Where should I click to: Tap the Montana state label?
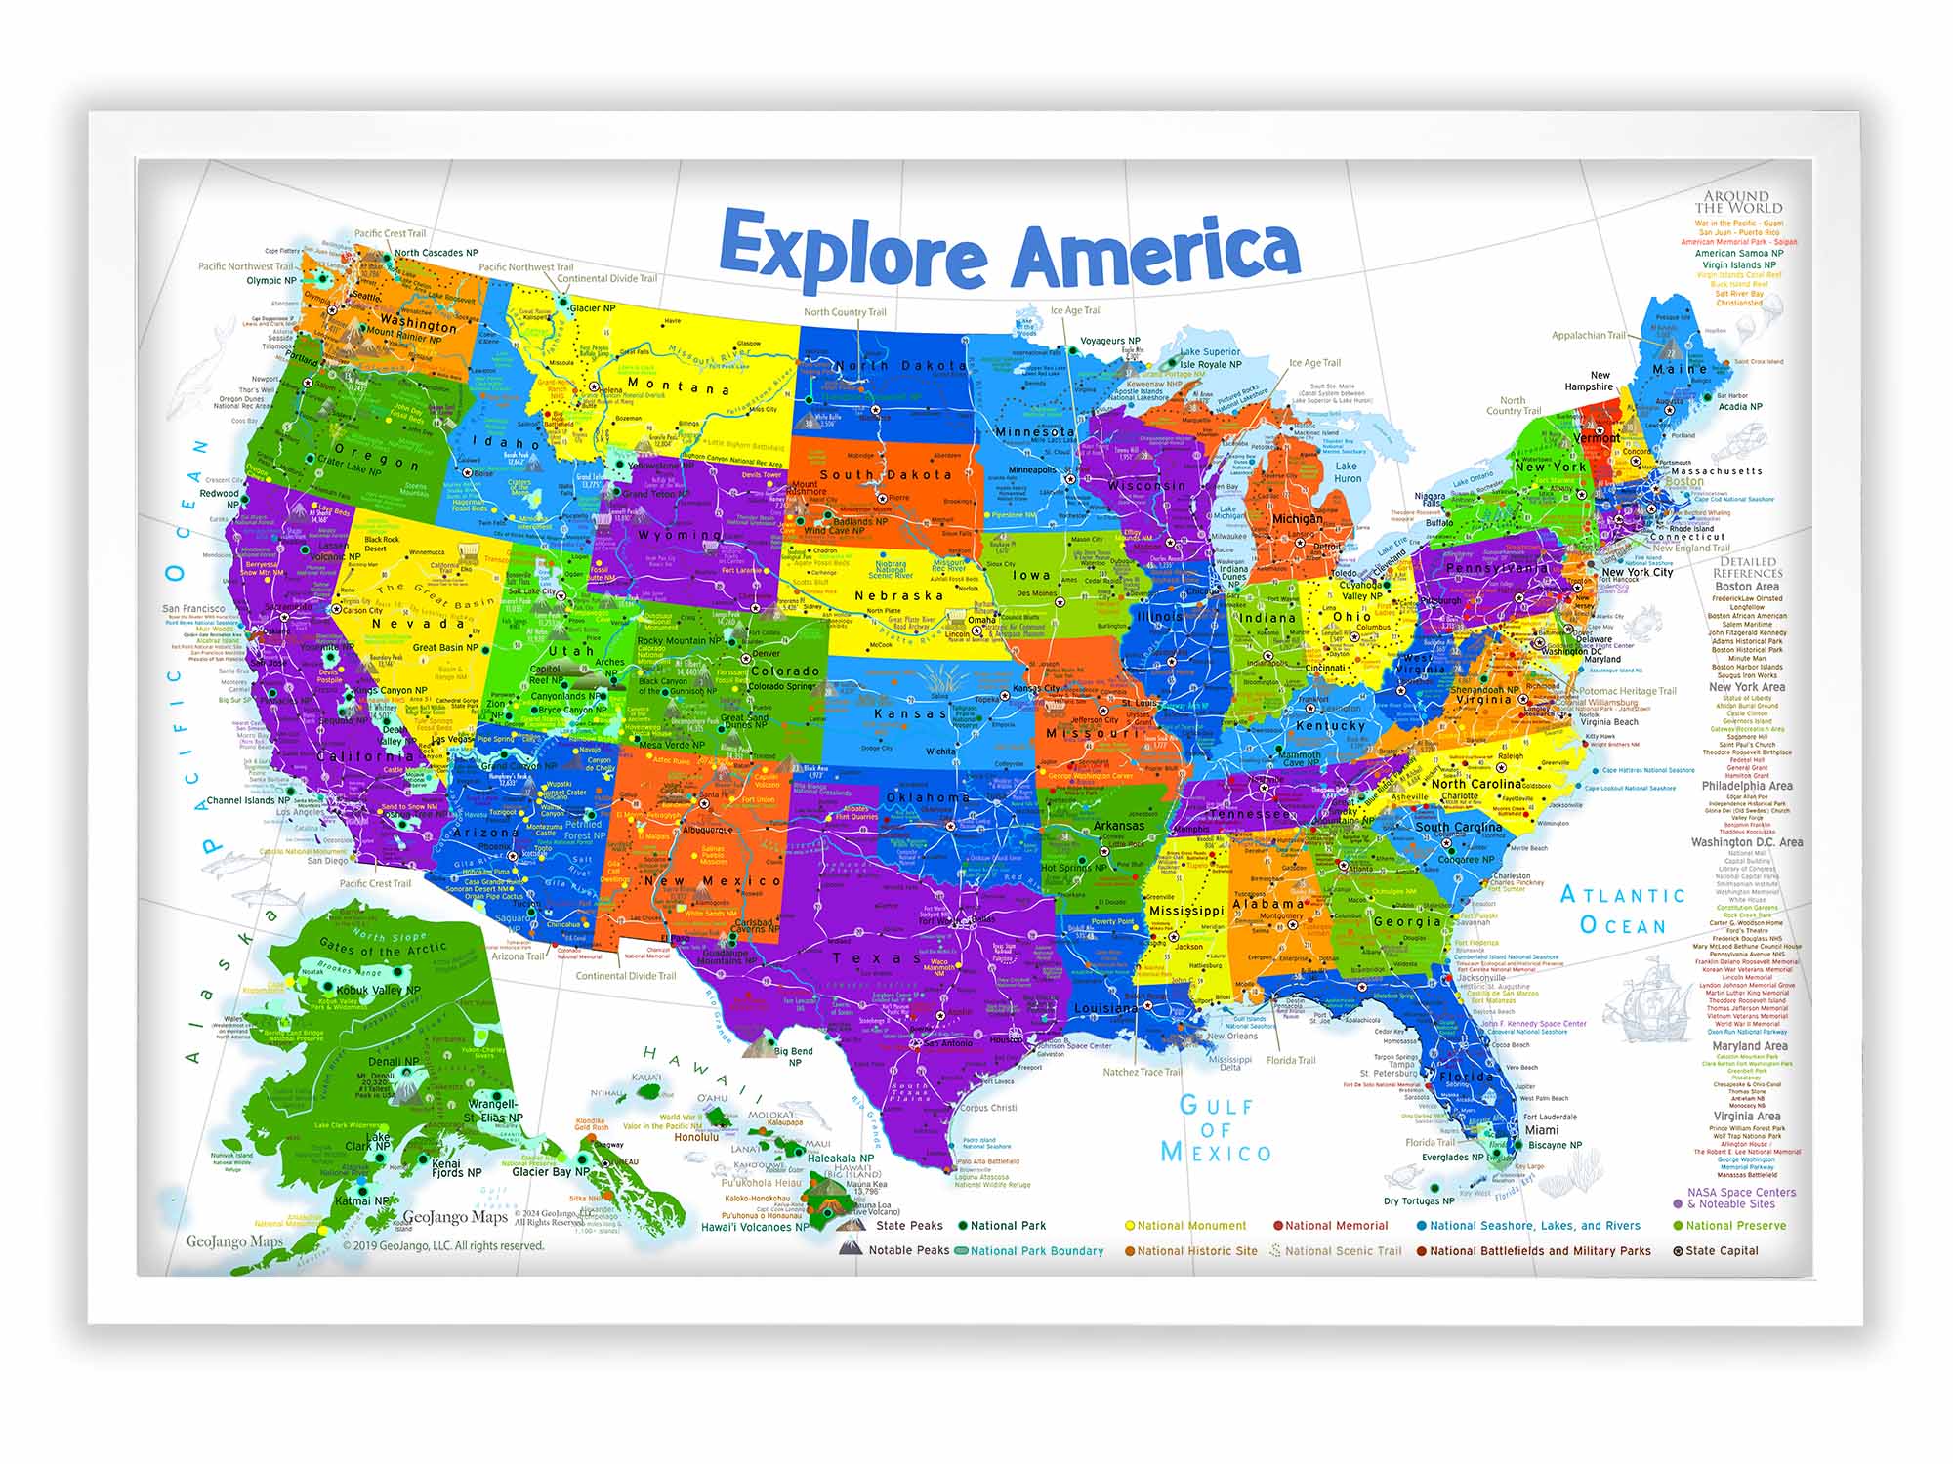click(678, 386)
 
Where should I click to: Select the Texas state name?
click(876, 958)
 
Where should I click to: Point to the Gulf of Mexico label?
click(1216, 1129)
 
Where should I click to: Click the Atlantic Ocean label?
click(1623, 910)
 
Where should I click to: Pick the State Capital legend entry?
click(1721, 1251)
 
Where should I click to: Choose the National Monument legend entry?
click(1191, 1226)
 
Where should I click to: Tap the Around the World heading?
click(1738, 202)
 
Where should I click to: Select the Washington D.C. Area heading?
click(1747, 842)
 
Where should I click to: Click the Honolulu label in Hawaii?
click(696, 1137)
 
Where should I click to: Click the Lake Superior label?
click(1210, 352)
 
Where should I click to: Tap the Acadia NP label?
click(1740, 407)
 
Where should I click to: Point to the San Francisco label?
click(193, 609)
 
